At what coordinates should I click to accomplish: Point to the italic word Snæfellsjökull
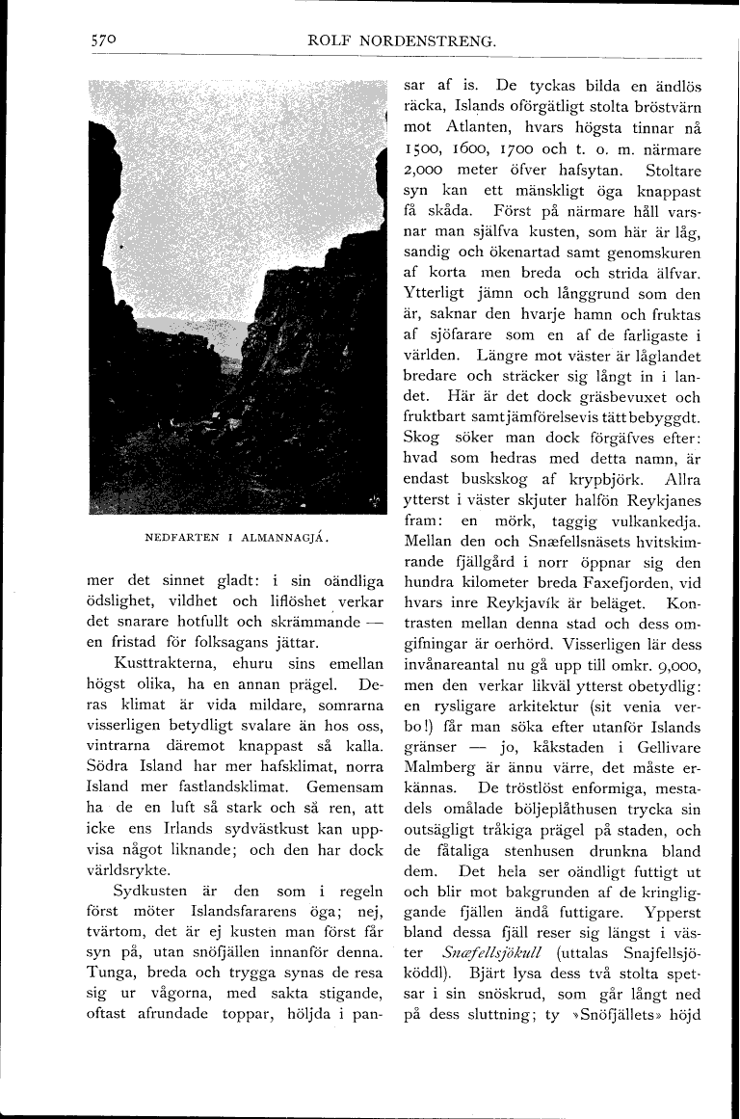(482, 946)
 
